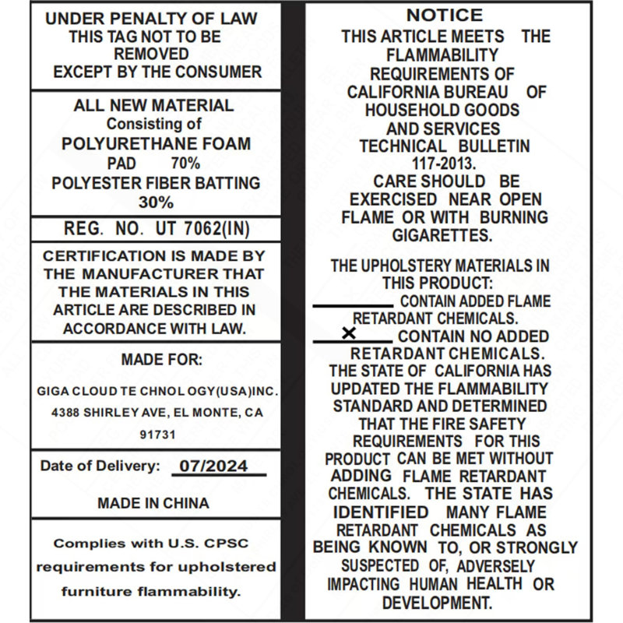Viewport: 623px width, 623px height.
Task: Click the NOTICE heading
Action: pos(445,15)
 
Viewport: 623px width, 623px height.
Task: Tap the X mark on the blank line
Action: pos(349,333)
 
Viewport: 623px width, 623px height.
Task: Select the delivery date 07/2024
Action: pos(213,466)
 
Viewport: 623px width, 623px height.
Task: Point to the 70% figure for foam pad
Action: pos(185,164)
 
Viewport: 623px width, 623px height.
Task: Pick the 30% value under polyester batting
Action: pos(156,202)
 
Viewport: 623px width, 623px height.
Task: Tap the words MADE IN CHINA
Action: pos(153,503)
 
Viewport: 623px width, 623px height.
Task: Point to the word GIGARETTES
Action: pos(442,235)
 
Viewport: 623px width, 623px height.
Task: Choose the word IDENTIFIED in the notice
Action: pos(381,512)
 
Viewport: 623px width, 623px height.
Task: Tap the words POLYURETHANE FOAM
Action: pos(156,144)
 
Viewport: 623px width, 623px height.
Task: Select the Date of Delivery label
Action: pos(100,466)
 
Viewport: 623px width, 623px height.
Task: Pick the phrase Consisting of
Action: pos(154,124)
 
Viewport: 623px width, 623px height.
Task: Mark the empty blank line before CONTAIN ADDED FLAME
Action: pos(353,305)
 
